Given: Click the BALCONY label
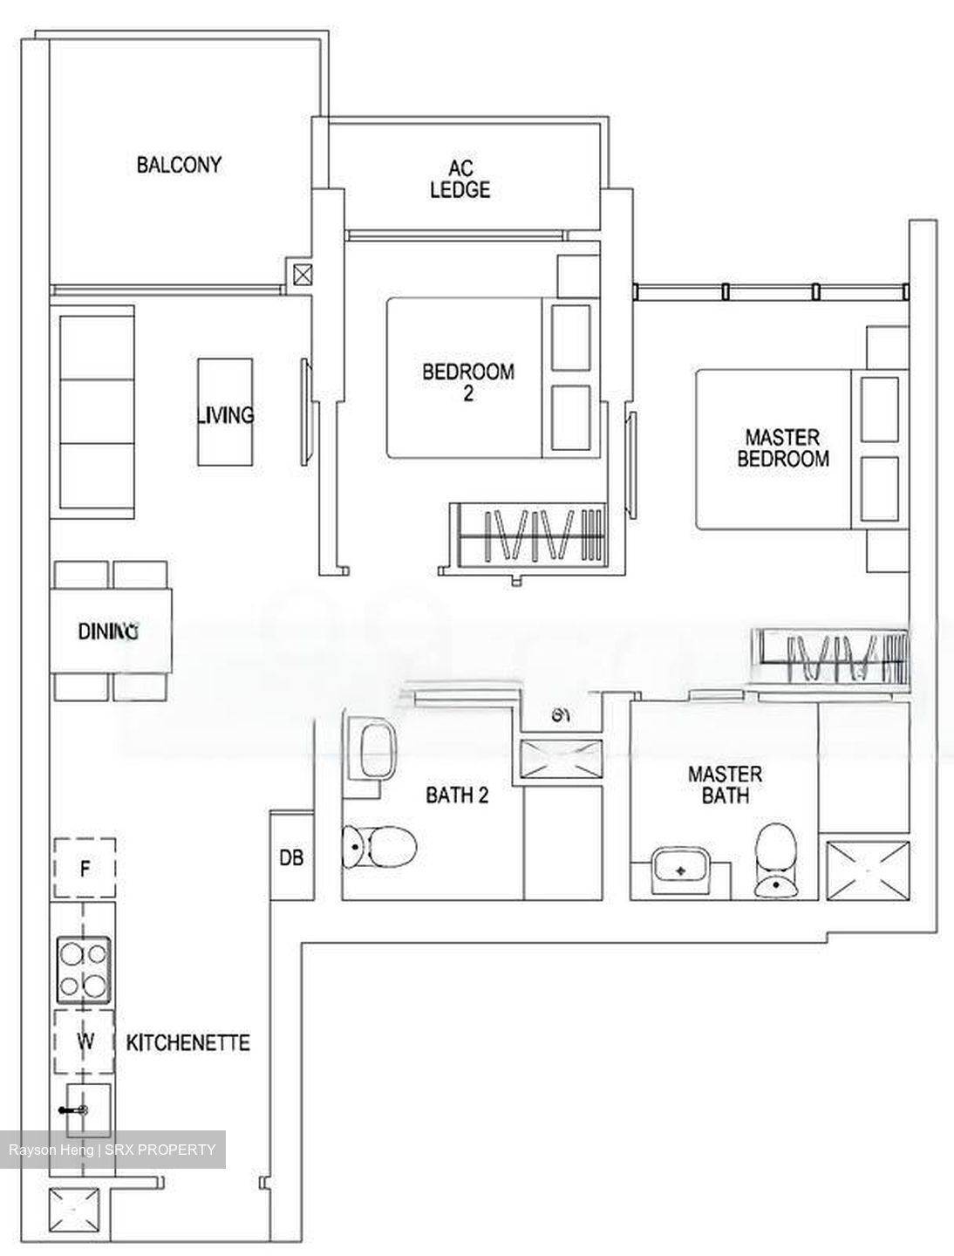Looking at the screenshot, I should pos(179,165).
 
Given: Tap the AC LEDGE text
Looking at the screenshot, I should pos(460,179).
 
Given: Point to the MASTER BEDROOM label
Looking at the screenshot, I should pos(782,447).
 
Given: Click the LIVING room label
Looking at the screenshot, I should pos(226,415).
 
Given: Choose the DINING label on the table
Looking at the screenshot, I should pos(109,631).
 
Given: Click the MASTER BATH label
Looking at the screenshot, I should pos(725,784).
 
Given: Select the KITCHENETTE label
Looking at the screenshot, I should pos(188,1042).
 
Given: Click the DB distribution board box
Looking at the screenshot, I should pos(291,857).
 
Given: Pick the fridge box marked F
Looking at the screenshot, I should pos(85,868).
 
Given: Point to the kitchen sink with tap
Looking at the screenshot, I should pos(85,1109).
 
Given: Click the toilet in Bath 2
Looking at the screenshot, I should pos(380,844).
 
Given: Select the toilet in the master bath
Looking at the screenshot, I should pos(775,860).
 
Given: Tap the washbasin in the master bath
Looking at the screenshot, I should pos(682,870).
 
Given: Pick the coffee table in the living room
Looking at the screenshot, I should pos(225,412).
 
